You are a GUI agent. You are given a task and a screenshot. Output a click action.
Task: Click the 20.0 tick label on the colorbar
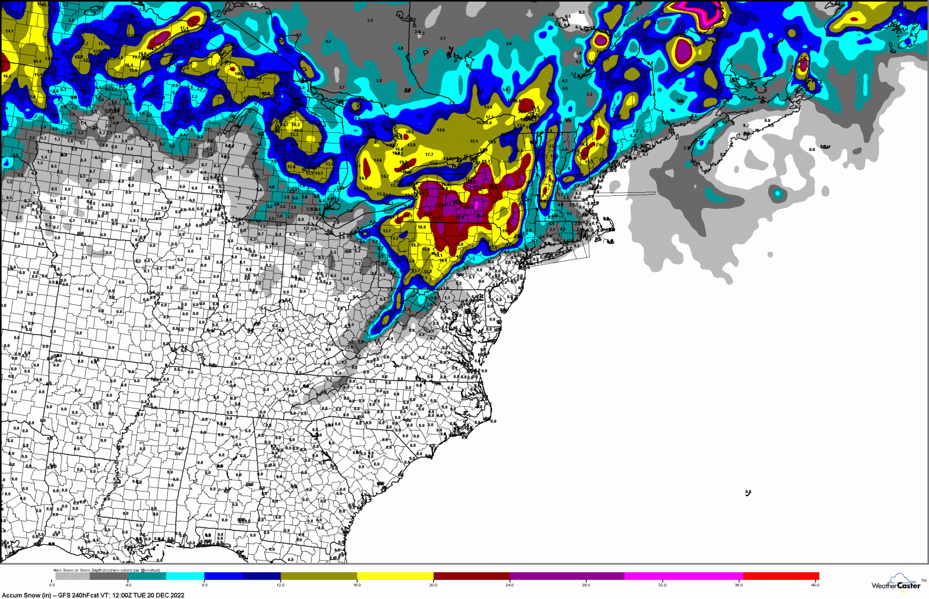tap(433, 585)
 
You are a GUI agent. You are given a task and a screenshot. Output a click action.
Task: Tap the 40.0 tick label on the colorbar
tap(815, 585)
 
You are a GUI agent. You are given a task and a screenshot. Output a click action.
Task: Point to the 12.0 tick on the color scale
tap(281, 585)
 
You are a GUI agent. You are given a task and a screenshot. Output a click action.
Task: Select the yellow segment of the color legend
tap(395, 576)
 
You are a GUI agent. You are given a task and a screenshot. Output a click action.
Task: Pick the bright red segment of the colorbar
tap(780, 576)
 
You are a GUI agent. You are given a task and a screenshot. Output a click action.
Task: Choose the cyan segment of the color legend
tap(185, 576)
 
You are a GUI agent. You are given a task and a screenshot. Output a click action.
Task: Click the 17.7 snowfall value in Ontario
tap(429, 155)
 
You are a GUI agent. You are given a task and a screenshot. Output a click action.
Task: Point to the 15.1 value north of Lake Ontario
tap(474, 141)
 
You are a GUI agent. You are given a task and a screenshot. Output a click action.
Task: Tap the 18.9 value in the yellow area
tap(422, 227)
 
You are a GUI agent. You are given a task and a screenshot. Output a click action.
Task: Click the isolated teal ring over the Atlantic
tap(777, 193)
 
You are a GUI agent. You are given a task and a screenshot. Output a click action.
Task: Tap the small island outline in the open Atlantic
tap(748, 493)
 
